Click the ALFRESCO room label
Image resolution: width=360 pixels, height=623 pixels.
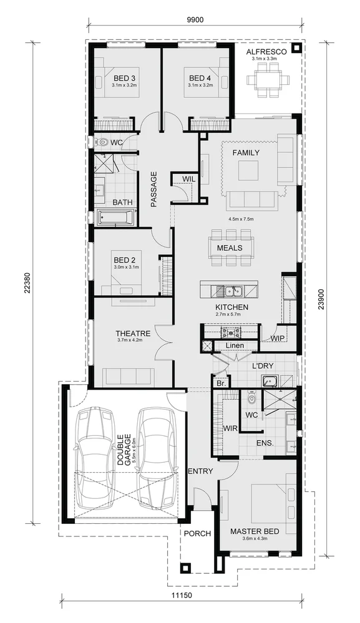(x=266, y=51)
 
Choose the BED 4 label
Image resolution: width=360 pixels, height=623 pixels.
(x=200, y=78)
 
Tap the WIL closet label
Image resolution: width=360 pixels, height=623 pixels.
(x=188, y=180)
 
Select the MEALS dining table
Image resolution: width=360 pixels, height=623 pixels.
(x=231, y=247)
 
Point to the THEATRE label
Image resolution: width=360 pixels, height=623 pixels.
(x=133, y=334)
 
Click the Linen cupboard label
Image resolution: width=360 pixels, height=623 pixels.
(x=235, y=345)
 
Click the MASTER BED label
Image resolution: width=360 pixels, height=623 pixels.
(x=254, y=532)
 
